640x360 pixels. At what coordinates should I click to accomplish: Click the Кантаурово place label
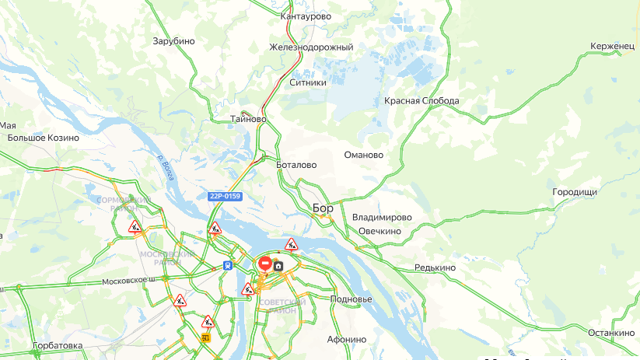click(x=306, y=16)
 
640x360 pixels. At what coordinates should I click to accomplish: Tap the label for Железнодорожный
click(x=311, y=47)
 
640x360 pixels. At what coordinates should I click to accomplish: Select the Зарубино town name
click(x=173, y=41)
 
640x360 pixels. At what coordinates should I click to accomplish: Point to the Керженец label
click(x=612, y=47)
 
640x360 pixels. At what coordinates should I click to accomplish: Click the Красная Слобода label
click(x=421, y=101)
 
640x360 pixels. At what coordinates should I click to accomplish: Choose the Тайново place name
click(x=249, y=120)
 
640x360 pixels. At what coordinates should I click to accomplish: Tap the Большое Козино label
click(x=43, y=138)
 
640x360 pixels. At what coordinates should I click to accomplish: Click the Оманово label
click(x=364, y=155)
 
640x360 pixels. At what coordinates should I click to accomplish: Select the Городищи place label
click(x=575, y=191)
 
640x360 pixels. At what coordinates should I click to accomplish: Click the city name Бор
click(x=323, y=208)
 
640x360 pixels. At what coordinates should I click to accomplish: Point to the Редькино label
click(x=435, y=267)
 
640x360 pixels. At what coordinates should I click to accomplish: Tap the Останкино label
click(x=611, y=333)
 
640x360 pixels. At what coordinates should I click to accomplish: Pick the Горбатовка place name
click(x=58, y=345)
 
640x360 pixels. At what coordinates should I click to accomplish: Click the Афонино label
click(x=347, y=339)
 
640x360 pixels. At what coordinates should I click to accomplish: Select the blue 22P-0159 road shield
click(x=224, y=196)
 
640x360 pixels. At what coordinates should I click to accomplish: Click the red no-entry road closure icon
click(x=264, y=264)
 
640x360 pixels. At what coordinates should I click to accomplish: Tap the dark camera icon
click(x=278, y=265)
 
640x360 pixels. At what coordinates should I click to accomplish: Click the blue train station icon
click(x=227, y=265)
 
